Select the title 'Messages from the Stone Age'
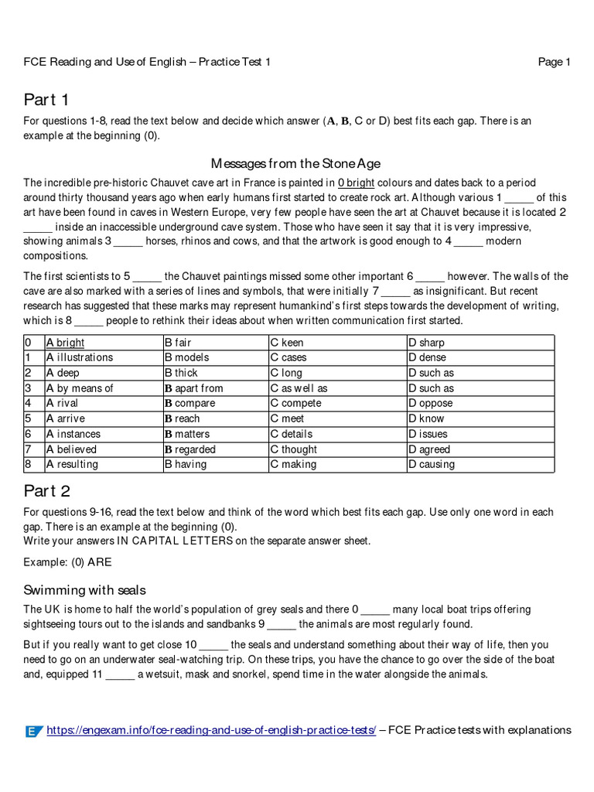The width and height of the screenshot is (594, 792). [x=296, y=163]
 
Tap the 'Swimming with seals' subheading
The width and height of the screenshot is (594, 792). [x=84, y=590]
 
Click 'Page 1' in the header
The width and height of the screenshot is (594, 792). [x=554, y=62]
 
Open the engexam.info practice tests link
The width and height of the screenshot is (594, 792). [x=211, y=730]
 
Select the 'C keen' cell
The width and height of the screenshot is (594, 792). [x=287, y=343]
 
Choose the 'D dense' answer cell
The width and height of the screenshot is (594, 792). [x=427, y=357]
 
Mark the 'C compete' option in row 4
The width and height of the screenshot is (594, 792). [x=295, y=403]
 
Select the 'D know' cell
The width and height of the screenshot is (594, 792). [x=426, y=418]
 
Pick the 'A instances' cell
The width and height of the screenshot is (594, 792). [x=73, y=434]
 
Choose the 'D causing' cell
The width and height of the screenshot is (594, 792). [x=432, y=464]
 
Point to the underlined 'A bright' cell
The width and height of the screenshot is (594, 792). [x=66, y=343]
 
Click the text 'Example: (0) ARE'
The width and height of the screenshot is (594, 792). [x=67, y=562]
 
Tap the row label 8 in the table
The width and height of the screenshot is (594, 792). [x=28, y=464]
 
